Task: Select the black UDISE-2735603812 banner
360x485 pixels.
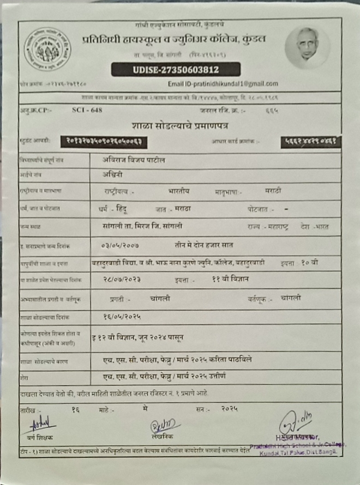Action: coord(176,70)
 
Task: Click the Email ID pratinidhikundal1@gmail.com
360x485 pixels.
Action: coord(223,83)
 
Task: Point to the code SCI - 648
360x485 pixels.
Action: coord(87,110)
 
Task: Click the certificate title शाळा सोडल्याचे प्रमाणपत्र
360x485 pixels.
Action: coord(179,125)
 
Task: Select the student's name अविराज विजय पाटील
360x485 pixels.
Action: coord(134,160)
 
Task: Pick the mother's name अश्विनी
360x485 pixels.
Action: coord(114,175)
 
